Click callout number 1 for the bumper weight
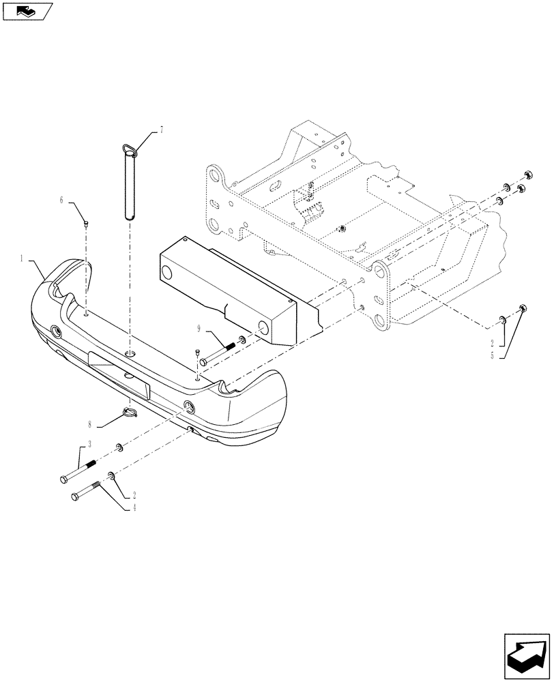tap(23, 259)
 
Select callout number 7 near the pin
tap(161, 128)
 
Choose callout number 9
tap(199, 329)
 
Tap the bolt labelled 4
tap(87, 491)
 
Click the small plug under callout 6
tap(85, 222)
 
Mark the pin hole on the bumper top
tap(131, 354)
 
